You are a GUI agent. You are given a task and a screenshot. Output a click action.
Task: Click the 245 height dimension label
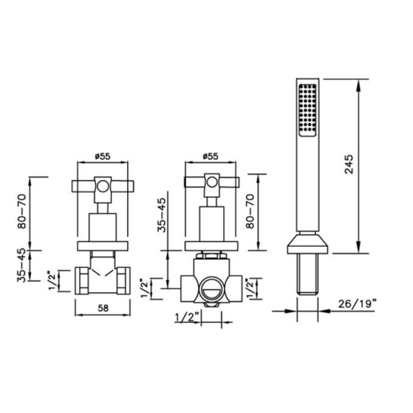tap(348, 164)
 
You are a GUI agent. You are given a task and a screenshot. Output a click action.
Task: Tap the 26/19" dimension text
tap(356, 304)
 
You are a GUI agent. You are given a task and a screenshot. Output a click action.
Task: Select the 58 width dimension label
tap(103, 308)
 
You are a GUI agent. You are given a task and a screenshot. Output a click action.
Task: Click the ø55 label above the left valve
tap(103, 157)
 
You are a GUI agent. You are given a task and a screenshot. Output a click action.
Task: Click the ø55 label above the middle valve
tap(210, 157)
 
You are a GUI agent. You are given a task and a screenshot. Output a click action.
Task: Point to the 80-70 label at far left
tap(22, 211)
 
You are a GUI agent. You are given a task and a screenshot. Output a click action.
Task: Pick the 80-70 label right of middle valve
tap(250, 211)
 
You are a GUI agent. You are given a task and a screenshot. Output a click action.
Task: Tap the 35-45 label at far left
tap(22, 265)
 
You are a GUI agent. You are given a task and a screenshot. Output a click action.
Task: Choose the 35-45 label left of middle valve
tap(161, 215)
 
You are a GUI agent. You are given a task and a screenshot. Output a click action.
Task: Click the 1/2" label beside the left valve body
tap(52, 280)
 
